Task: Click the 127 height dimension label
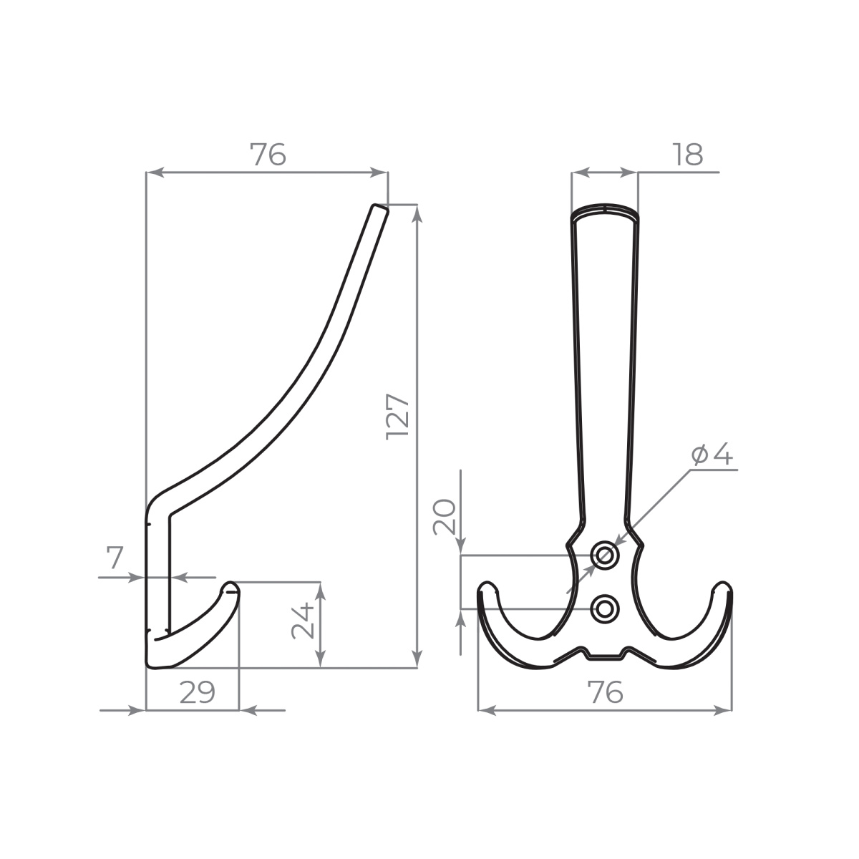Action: tap(397, 417)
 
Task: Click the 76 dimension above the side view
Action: tap(268, 154)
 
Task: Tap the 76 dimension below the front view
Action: tap(605, 692)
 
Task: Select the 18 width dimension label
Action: tap(688, 154)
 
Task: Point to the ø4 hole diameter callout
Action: tap(712, 455)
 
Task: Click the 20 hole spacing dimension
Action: tap(445, 517)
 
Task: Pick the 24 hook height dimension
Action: tap(303, 621)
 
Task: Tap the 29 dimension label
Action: tap(197, 693)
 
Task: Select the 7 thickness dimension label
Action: tap(115, 558)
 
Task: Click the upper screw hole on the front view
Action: tap(604, 555)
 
